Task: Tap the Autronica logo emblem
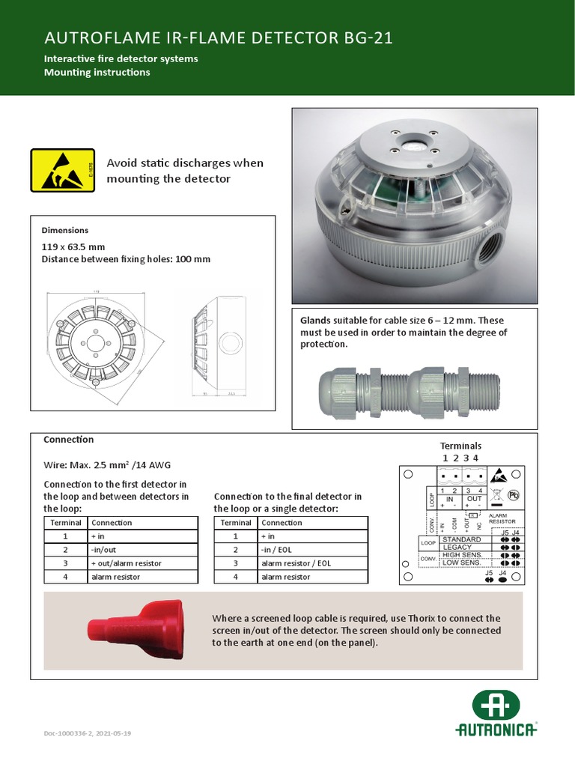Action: point(496,706)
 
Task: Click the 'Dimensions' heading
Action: point(64,230)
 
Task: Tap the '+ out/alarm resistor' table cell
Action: point(126,563)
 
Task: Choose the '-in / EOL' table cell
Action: point(276,550)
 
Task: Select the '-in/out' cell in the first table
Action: point(106,550)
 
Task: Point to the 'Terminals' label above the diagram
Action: point(460,446)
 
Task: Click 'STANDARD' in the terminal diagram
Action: point(462,539)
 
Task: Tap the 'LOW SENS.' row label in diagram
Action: point(462,563)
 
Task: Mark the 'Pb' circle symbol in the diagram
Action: point(514,494)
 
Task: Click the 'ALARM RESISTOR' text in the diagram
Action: point(502,518)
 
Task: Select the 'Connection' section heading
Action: point(68,440)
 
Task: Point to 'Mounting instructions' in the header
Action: point(97,73)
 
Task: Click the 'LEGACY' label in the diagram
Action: point(457,547)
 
